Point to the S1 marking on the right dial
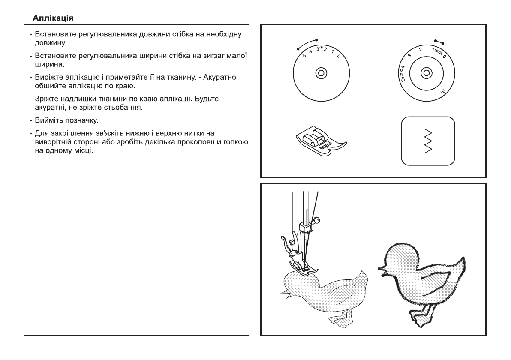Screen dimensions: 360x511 tap(442, 91)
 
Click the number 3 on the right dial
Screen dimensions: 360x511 tap(409, 55)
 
